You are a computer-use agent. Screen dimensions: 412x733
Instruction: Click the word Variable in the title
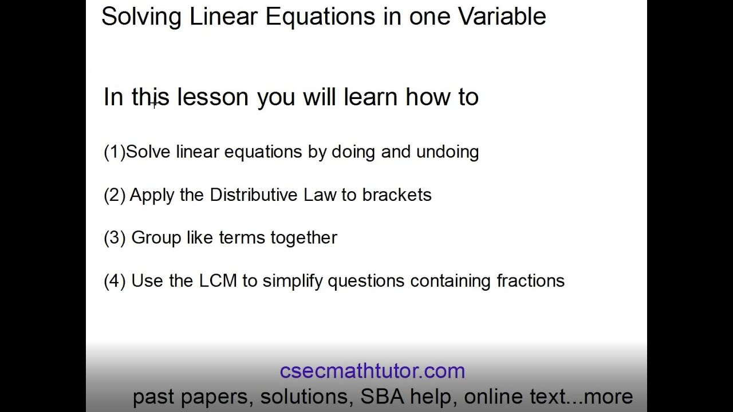pos(502,17)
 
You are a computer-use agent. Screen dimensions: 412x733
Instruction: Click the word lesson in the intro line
pos(212,97)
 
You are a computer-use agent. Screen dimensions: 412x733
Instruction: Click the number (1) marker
pos(114,152)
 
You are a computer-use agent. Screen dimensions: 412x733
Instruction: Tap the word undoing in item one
pos(447,152)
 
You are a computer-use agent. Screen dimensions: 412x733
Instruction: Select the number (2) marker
pos(115,195)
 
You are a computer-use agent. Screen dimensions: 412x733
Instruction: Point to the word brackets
pos(397,195)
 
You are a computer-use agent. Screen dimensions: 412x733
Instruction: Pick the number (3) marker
pos(115,238)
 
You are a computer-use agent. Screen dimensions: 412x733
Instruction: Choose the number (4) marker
pos(115,281)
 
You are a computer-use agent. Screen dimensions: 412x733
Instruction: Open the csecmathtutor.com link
pos(372,371)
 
